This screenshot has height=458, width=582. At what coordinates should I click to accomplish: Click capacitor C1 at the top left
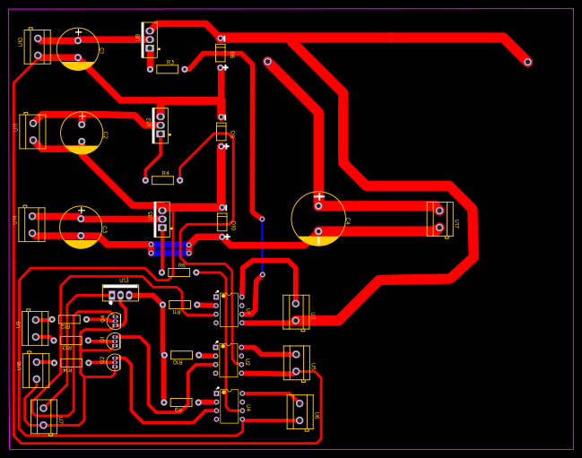78,48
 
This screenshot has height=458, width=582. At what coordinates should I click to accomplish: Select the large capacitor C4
318,219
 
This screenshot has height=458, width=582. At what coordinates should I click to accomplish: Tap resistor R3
167,69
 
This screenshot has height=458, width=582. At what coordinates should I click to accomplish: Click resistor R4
162,180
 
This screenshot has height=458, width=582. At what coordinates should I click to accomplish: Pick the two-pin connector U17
439,220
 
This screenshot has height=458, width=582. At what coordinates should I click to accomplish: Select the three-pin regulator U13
120,294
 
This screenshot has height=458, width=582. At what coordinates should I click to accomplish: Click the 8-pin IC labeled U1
229,309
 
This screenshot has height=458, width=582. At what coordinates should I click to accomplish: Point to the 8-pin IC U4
229,406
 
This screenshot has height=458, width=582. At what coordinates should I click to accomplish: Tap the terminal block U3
296,312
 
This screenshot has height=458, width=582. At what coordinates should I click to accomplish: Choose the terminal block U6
300,411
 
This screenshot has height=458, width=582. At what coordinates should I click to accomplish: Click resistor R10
181,355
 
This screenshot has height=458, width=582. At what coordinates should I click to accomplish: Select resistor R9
181,402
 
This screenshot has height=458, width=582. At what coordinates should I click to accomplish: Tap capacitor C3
81,227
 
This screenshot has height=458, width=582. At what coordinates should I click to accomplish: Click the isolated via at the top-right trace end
527,62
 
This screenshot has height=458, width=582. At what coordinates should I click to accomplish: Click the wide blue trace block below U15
169,248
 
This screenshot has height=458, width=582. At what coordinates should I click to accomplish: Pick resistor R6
178,272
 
